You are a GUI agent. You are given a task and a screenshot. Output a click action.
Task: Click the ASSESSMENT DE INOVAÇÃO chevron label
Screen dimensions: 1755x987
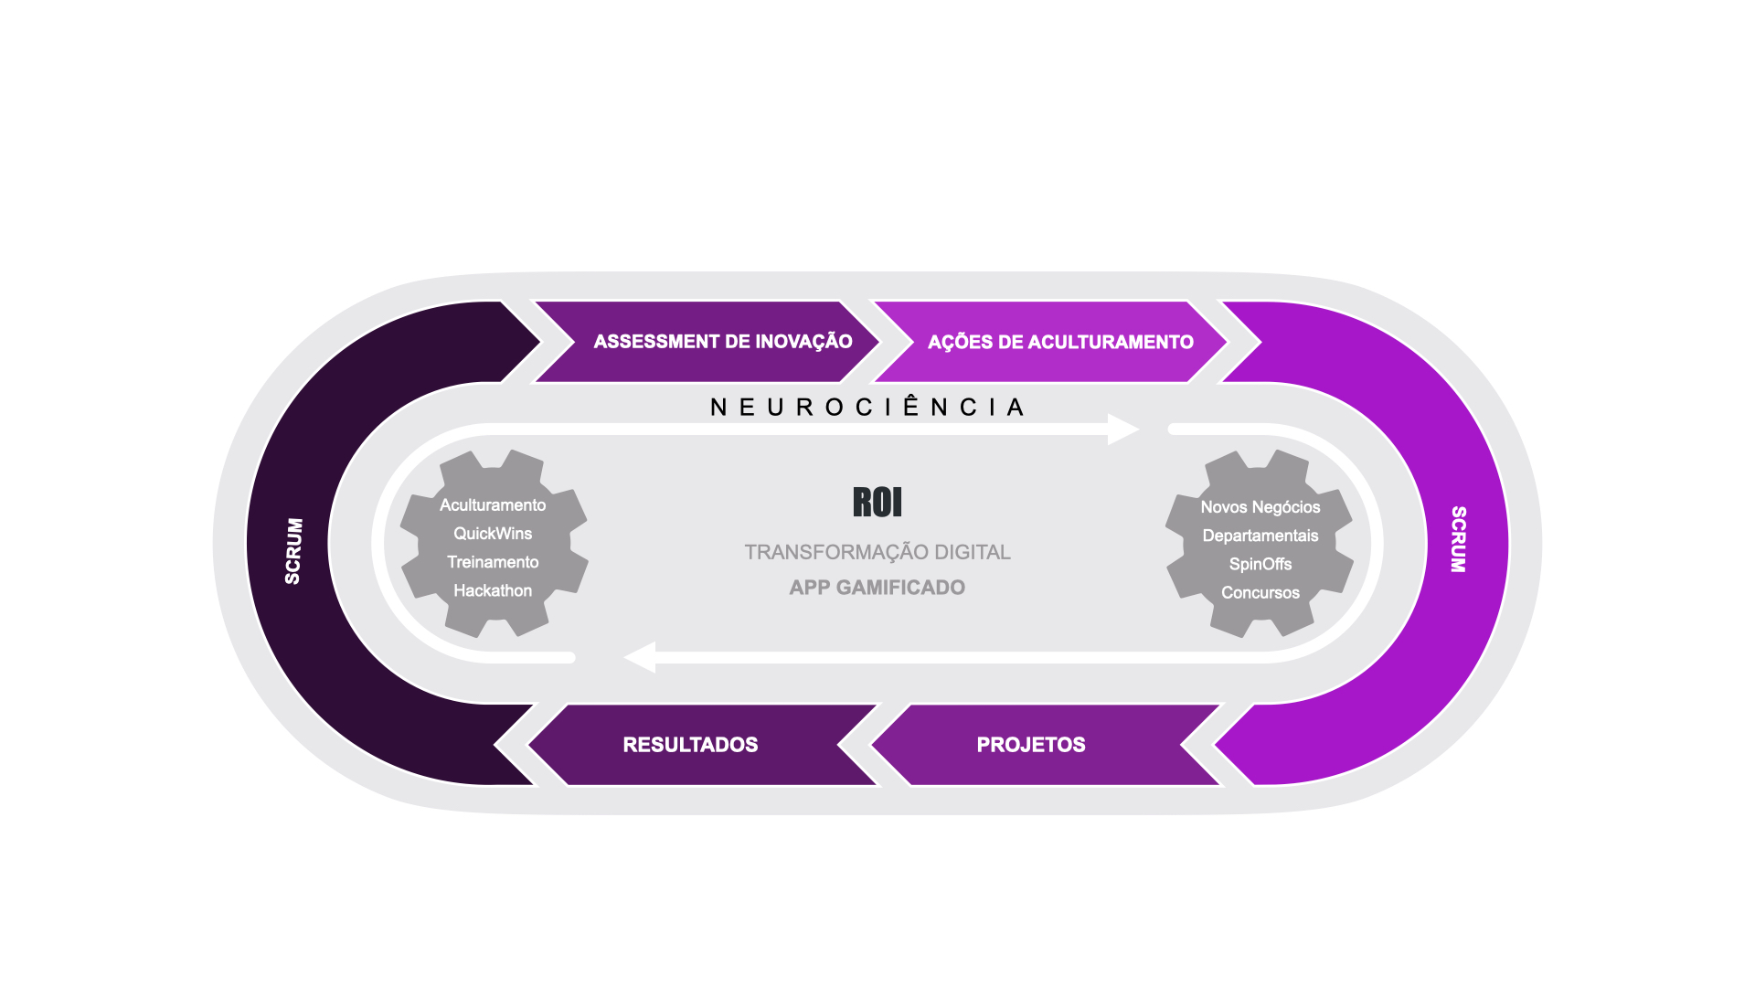[x=723, y=342]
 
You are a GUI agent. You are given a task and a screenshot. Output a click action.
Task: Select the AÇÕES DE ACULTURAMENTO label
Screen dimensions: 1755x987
[x=1060, y=342]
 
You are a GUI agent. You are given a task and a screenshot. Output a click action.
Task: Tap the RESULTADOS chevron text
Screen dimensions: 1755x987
[x=690, y=745]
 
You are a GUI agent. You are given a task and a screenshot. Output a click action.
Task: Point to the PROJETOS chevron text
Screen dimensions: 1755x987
[x=1031, y=745]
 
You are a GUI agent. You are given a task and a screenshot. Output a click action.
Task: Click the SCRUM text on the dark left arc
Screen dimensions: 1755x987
[x=293, y=551]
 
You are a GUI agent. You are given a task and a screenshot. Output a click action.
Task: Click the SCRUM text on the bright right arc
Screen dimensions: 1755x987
[x=1459, y=539]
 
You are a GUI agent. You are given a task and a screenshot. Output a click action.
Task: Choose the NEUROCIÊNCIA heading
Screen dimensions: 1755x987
[x=867, y=407]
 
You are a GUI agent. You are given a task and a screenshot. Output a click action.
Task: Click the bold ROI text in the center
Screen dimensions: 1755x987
[x=877, y=502]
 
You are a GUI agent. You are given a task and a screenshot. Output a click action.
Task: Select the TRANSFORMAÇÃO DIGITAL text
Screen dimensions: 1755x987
[x=877, y=552]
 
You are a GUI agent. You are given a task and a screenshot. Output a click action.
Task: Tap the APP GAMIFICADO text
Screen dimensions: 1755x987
[x=877, y=588]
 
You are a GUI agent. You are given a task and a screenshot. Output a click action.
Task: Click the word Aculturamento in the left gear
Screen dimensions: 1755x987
[x=493, y=505]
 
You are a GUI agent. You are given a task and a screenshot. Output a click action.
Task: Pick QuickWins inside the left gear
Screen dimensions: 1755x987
[x=493, y=534]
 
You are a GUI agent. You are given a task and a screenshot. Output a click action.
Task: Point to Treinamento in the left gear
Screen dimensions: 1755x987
[x=493, y=562]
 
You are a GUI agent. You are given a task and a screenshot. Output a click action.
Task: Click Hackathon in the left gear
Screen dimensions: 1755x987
[x=493, y=590]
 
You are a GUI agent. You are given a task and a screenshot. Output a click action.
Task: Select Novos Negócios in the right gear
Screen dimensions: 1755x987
[x=1260, y=507]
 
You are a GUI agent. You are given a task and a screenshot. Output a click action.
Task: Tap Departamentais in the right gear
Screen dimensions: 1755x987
[x=1260, y=536]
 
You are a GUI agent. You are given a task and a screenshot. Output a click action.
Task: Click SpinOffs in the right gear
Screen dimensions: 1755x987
[x=1260, y=564]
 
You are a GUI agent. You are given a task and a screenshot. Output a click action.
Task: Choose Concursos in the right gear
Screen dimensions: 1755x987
[x=1260, y=592]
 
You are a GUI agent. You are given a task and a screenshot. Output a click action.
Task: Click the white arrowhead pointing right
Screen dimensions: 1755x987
[x=1123, y=430]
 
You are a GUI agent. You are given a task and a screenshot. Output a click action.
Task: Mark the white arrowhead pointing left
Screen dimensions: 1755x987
[x=640, y=657]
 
